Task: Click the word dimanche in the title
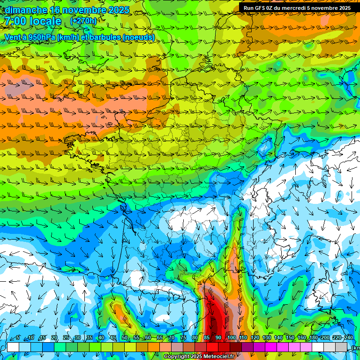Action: coord(25,10)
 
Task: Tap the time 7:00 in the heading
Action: coord(15,22)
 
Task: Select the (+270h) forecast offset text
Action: coord(83,21)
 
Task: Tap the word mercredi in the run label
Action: coord(300,8)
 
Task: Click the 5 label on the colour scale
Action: coord(17,338)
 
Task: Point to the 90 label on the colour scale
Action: coord(218,338)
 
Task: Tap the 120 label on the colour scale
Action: coord(255,338)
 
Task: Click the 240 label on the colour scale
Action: coord(349,338)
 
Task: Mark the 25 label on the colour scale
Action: coord(66,338)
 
